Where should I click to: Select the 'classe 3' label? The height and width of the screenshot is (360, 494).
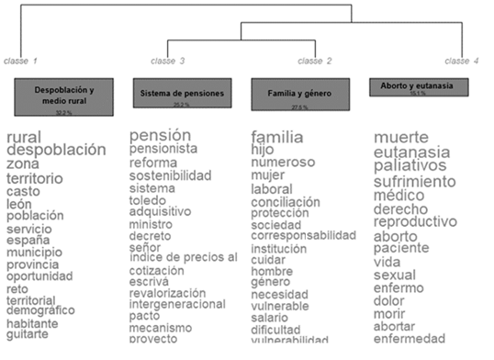click(168, 61)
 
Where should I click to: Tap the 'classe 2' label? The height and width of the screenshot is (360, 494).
click(315, 61)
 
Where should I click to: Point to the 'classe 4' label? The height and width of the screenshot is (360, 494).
click(462, 61)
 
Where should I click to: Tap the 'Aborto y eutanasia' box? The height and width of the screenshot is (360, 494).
click(418, 86)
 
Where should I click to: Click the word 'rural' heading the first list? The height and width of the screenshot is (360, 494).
click(24, 138)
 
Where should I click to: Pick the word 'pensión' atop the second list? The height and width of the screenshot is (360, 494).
click(160, 135)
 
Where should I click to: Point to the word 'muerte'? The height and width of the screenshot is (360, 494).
click(401, 137)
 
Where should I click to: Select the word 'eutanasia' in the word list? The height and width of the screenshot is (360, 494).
click(411, 152)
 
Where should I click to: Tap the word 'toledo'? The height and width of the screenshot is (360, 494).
click(149, 202)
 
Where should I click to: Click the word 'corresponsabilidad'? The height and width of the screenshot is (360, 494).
click(303, 235)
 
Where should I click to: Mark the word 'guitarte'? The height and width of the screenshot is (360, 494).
click(28, 335)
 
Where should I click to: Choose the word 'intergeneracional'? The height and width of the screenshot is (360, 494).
click(177, 304)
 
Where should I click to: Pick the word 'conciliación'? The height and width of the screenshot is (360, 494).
click(286, 202)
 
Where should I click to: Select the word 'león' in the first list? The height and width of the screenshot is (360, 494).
click(20, 204)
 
